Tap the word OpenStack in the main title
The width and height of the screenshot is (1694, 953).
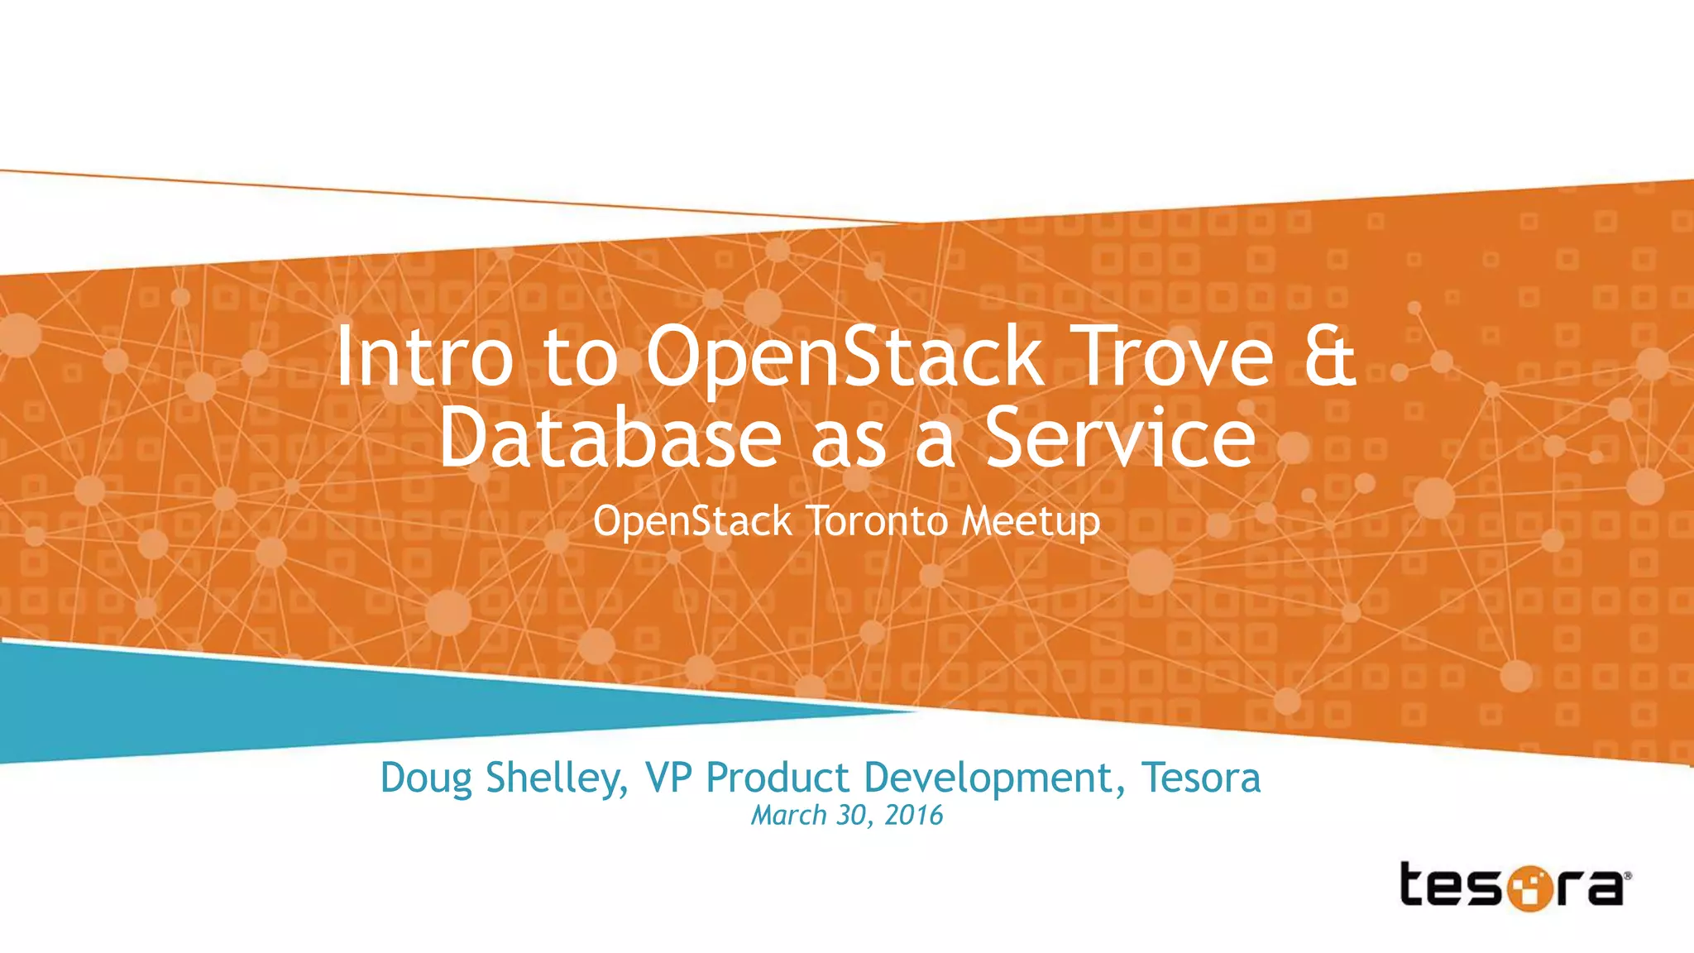click(x=844, y=357)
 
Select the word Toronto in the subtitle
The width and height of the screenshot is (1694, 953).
click(x=877, y=521)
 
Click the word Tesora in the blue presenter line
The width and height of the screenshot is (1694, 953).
click(x=1201, y=778)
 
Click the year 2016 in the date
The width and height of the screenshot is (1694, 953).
click(x=914, y=816)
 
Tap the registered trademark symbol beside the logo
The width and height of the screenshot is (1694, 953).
click(x=1628, y=875)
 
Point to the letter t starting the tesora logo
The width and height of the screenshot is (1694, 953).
click(x=1415, y=884)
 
